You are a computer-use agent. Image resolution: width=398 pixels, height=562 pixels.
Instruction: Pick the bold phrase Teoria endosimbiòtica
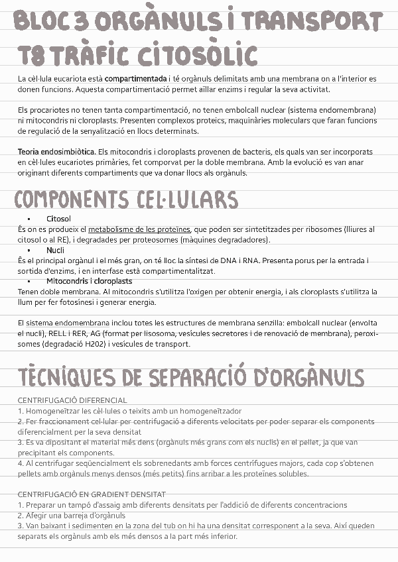(57, 152)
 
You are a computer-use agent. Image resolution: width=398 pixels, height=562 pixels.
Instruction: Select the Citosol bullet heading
(58, 218)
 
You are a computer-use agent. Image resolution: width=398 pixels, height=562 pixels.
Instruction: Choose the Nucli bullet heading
(55, 250)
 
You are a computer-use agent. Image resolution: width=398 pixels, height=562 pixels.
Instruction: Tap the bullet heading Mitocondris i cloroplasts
(89, 281)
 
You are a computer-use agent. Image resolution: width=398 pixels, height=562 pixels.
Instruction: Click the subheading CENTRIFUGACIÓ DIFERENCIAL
(72, 400)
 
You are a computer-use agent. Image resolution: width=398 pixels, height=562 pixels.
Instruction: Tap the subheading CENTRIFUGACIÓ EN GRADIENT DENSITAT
(92, 494)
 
